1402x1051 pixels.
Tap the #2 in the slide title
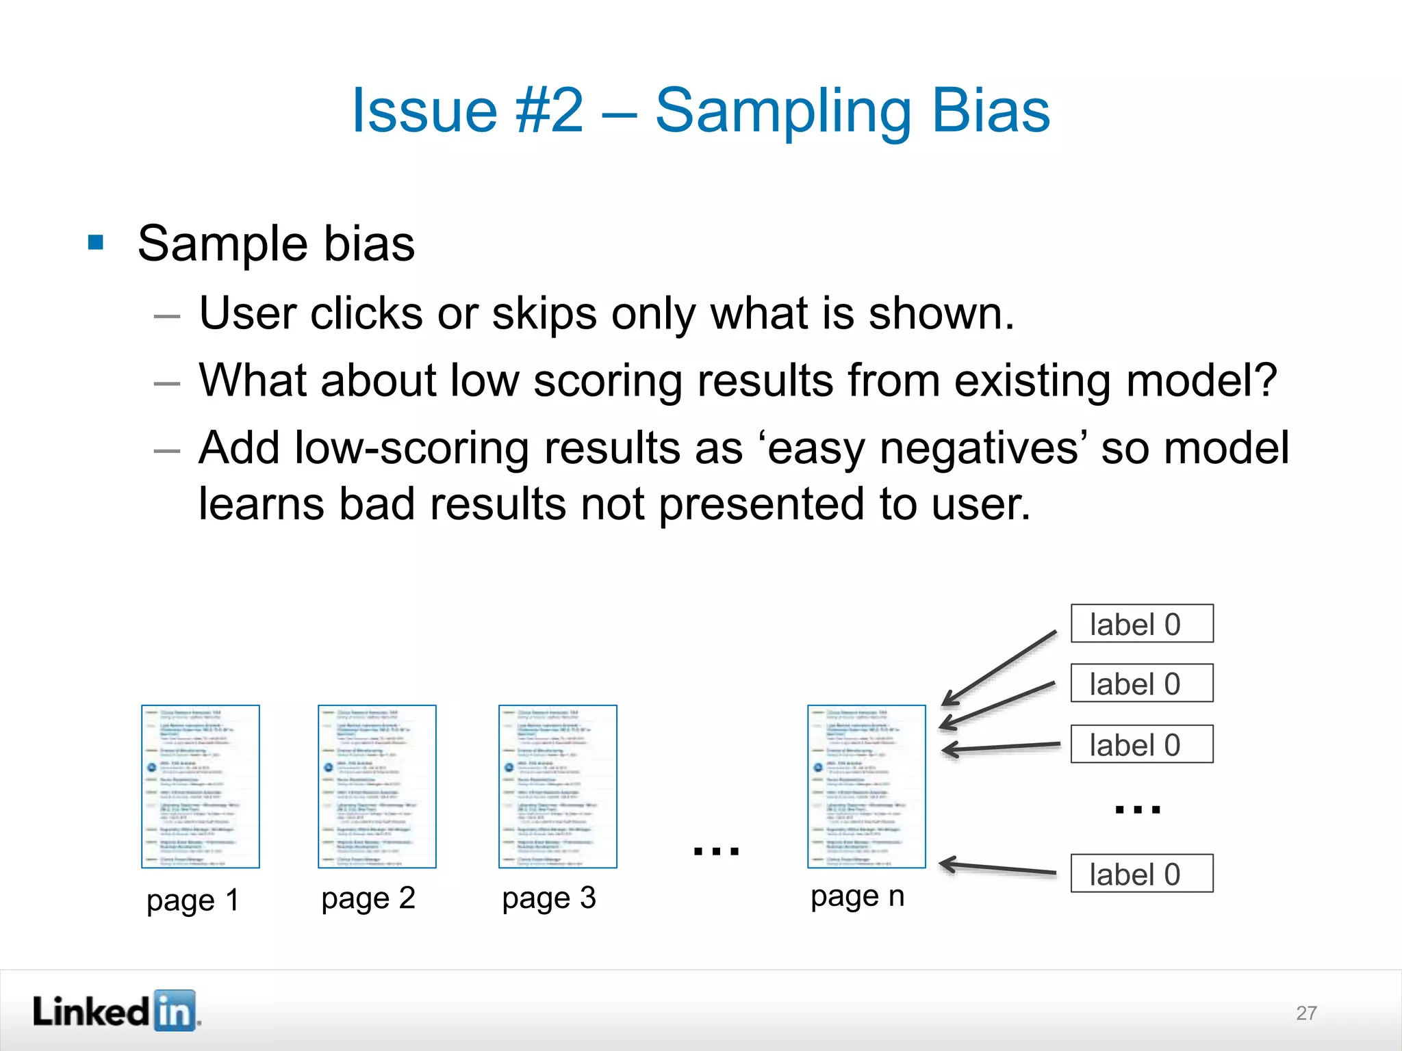550,112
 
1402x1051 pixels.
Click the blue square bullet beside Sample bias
96,242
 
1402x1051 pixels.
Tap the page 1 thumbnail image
200,786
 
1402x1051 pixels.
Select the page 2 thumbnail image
377,786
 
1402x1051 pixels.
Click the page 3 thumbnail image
557,786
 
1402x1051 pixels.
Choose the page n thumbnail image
866,786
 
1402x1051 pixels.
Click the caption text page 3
548,898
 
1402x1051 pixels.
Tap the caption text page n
857,896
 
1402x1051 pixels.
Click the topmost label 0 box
1141,623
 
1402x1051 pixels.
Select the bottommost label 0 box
1141,873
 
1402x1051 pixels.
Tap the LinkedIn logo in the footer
116,1011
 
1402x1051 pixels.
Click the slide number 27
1305,1013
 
